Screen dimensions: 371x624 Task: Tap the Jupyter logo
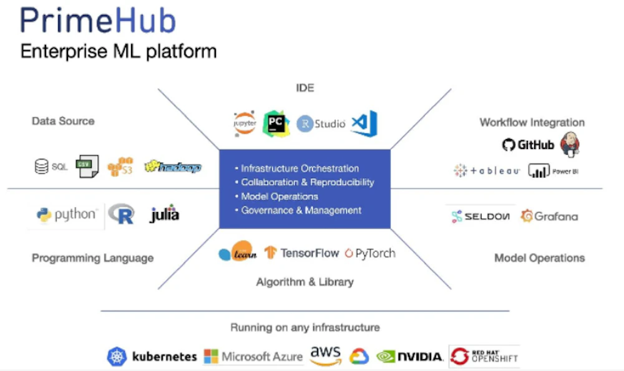point(245,124)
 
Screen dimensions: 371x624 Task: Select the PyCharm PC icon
point(275,123)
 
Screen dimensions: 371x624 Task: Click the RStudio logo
point(321,123)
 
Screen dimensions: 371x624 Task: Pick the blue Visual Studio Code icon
point(364,123)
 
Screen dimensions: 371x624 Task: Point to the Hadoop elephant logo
point(172,167)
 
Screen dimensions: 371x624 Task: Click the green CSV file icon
point(87,166)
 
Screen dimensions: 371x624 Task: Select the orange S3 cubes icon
point(120,167)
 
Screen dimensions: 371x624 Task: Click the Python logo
point(66,215)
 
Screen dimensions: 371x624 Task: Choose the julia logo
point(165,214)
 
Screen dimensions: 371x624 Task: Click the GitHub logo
point(528,145)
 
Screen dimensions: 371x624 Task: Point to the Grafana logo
point(549,216)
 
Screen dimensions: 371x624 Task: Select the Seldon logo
point(480,216)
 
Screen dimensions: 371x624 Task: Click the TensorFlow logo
point(302,253)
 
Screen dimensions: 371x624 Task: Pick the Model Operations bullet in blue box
point(279,196)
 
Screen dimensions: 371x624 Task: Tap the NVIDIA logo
point(410,357)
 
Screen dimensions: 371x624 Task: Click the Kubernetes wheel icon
point(117,357)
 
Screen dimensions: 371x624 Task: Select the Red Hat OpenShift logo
point(485,356)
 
